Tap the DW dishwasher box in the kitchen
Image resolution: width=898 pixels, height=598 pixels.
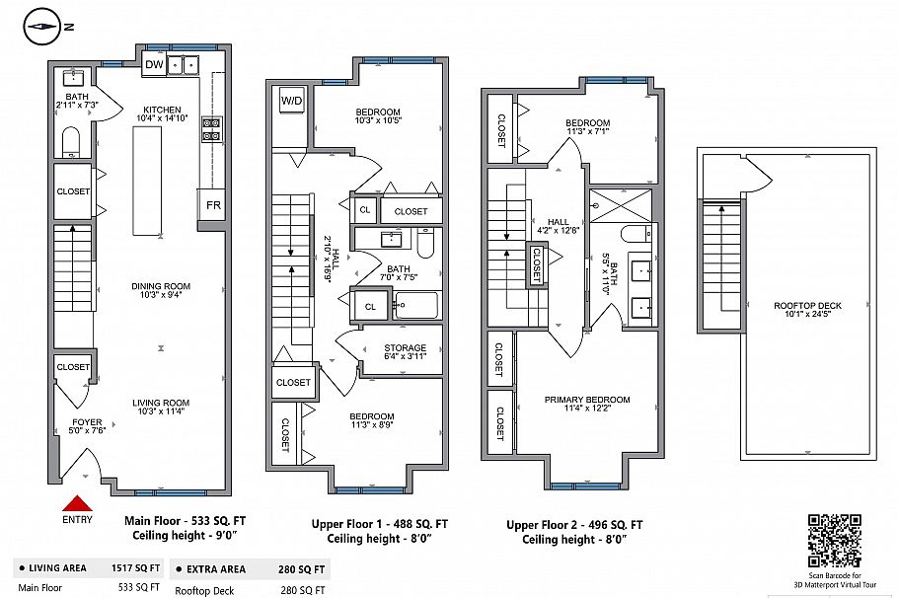[153, 65]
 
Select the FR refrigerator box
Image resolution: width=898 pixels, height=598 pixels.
[213, 205]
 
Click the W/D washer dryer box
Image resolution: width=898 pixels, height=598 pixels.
[292, 101]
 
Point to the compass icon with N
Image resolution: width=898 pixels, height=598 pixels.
[42, 26]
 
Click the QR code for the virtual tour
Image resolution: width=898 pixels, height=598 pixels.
[834, 540]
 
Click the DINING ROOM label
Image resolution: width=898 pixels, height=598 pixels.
[162, 288]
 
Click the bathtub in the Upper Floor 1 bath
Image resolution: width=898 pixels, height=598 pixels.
[414, 305]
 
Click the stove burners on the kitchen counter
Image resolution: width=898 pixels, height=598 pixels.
[211, 131]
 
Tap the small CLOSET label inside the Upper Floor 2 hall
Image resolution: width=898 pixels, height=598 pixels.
[537, 263]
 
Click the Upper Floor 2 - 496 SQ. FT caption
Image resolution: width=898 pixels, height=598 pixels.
[574, 525]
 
